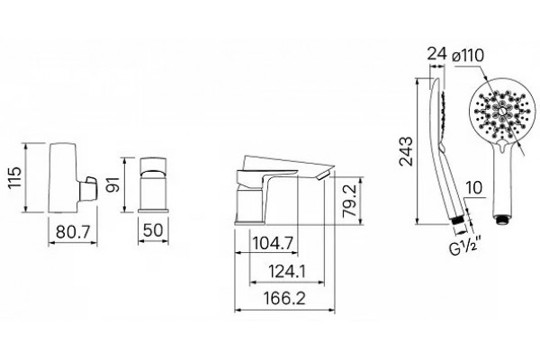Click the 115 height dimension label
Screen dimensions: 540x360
(14, 177)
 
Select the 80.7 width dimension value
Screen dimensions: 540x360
(72, 231)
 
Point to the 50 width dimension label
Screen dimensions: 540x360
(153, 230)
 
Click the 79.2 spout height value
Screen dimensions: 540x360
(350, 202)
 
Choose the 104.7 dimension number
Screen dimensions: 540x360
(273, 244)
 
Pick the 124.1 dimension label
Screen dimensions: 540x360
(287, 272)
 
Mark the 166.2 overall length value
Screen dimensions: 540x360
(284, 298)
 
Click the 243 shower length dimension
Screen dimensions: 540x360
(406, 151)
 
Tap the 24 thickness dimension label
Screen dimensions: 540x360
(436, 54)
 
